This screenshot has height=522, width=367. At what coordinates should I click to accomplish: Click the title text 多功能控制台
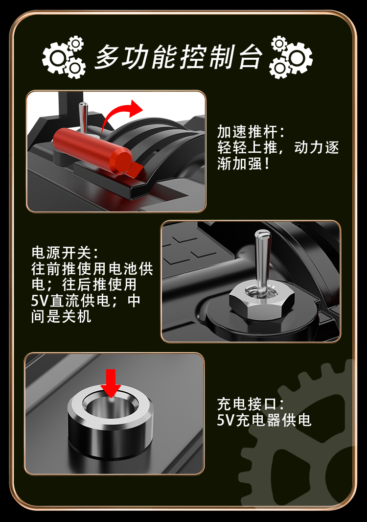pyautogui.click(x=179, y=57)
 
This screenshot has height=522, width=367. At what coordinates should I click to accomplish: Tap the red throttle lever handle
pyautogui.click(x=92, y=152)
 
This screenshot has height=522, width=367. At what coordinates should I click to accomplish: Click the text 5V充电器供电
pyautogui.click(x=264, y=420)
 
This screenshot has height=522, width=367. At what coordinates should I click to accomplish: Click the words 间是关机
pyautogui.click(x=61, y=316)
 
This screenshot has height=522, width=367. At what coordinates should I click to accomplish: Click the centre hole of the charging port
pyautogui.click(x=111, y=405)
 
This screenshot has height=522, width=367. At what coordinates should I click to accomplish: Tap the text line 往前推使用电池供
pyautogui.click(x=92, y=269)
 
